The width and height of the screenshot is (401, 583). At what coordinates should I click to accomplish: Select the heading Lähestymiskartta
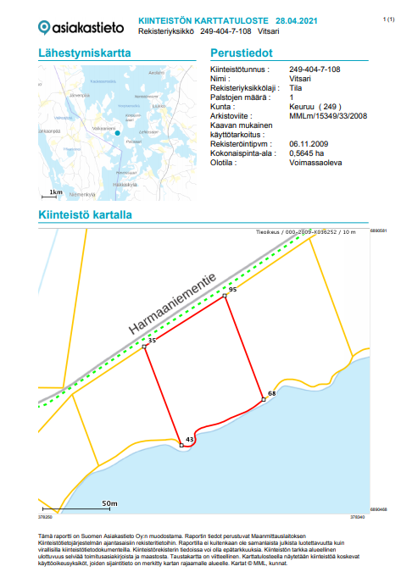tap(85, 53)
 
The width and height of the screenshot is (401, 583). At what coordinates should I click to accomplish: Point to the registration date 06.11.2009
tap(309, 143)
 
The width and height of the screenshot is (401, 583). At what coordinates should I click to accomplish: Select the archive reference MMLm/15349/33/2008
tap(327, 115)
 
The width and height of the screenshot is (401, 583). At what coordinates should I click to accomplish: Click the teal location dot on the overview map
tap(119, 133)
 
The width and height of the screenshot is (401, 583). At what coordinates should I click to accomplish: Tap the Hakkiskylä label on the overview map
tap(124, 184)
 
